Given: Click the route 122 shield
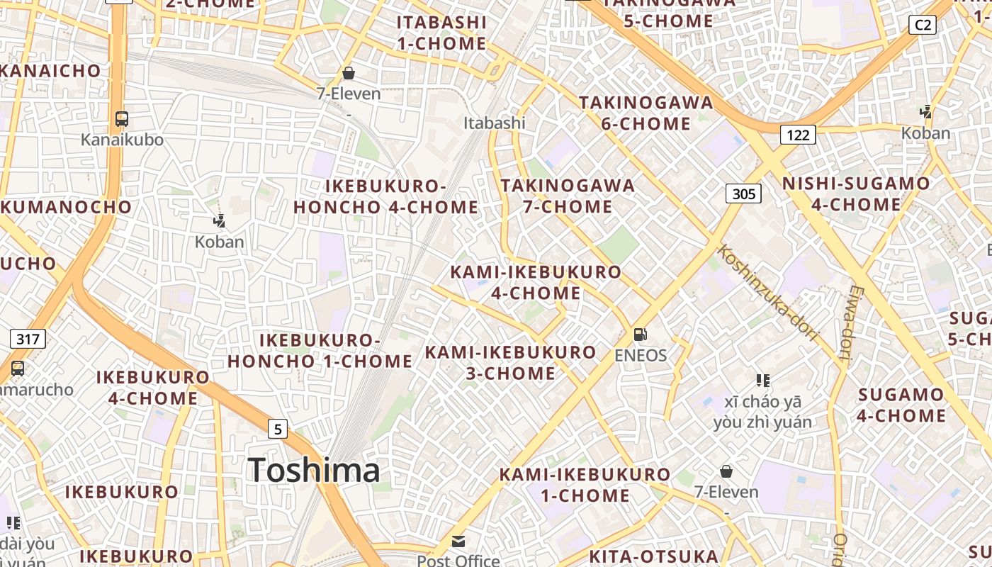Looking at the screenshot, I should tap(798, 135).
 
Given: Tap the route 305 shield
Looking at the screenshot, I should tap(743, 193).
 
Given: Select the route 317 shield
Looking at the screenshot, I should tap(28, 339).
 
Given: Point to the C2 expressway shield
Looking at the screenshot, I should tap(923, 25).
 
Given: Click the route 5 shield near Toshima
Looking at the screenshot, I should tap(278, 428).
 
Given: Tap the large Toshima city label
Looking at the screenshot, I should tap(314, 471).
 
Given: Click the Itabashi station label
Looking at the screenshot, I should tap(495, 123).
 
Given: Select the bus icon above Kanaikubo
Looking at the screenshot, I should tap(122, 118).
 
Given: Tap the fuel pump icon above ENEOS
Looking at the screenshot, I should tap(640, 334).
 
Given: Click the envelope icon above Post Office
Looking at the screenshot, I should tap(458, 541).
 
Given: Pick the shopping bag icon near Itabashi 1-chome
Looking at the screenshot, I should tap(348, 72).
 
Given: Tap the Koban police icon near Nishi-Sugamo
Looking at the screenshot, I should tap(925, 111).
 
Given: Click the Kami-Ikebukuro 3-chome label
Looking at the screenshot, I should tap(510, 362).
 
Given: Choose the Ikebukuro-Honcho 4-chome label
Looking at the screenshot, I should tap(386, 196).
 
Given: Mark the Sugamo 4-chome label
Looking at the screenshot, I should tap(901, 405).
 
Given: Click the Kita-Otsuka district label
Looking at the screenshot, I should tap(654, 556).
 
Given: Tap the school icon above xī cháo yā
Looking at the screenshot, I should tap(762, 381).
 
